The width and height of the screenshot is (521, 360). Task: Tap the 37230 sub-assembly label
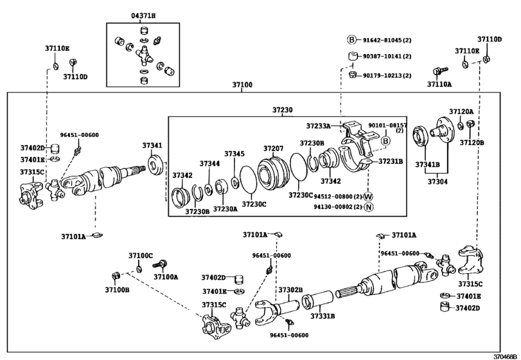click(282, 110)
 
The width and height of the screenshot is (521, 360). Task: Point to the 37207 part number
click(273, 148)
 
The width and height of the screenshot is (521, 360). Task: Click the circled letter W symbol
click(368, 196)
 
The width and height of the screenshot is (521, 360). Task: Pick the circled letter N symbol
click(368, 207)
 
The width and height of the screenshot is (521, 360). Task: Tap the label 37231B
click(390, 161)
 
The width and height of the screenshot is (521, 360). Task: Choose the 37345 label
click(234, 154)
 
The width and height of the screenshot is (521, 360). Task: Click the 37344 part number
click(209, 164)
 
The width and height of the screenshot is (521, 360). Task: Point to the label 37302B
click(290, 290)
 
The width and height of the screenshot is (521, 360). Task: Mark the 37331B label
click(324, 316)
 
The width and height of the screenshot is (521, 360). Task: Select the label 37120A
click(461, 111)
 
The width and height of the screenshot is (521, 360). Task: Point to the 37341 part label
click(152, 146)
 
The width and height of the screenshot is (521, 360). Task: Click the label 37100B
click(118, 290)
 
